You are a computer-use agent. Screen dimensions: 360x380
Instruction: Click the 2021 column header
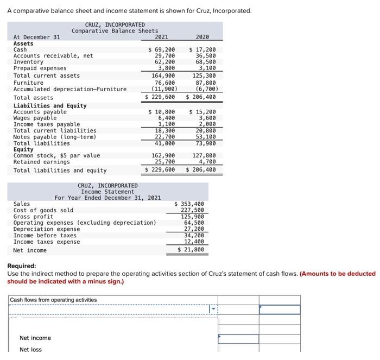[161, 37]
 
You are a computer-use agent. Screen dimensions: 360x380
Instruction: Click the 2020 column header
[202, 37]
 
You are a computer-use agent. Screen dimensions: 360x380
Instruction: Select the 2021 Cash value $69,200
[162, 49]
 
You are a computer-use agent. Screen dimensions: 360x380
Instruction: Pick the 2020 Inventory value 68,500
[204, 62]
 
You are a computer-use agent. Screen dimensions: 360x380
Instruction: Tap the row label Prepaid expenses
[40, 68]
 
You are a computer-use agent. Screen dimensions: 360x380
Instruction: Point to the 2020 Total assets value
[201, 97]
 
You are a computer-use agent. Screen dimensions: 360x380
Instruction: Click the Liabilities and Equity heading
[49, 106]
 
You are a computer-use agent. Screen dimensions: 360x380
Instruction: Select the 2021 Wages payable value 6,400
[166, 118]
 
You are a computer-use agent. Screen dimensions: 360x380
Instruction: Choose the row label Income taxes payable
[46, 124]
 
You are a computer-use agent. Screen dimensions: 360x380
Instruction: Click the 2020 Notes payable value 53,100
[205, 137]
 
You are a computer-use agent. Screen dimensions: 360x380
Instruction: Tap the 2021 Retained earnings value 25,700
[164, 162]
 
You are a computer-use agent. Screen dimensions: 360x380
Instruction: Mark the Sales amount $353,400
[192, 204]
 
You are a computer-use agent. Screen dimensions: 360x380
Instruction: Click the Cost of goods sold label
[43, 210]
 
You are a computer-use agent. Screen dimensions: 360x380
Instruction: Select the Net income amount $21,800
[192, 250]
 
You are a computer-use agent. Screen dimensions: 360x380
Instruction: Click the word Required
[21, 266]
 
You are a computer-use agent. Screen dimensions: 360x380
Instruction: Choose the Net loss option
[30, 349]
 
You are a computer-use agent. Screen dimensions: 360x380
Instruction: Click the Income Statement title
[107, 192]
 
